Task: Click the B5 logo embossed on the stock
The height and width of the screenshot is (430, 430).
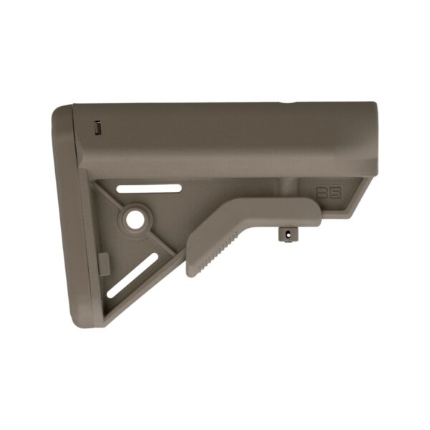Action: click(x=327, y=193)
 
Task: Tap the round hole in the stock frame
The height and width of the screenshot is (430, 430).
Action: click(x=135, y=219)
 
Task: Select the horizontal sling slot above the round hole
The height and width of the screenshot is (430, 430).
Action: click(x=150, y=189)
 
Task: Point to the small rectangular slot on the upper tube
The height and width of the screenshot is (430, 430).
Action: click(x=98, y=129)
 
